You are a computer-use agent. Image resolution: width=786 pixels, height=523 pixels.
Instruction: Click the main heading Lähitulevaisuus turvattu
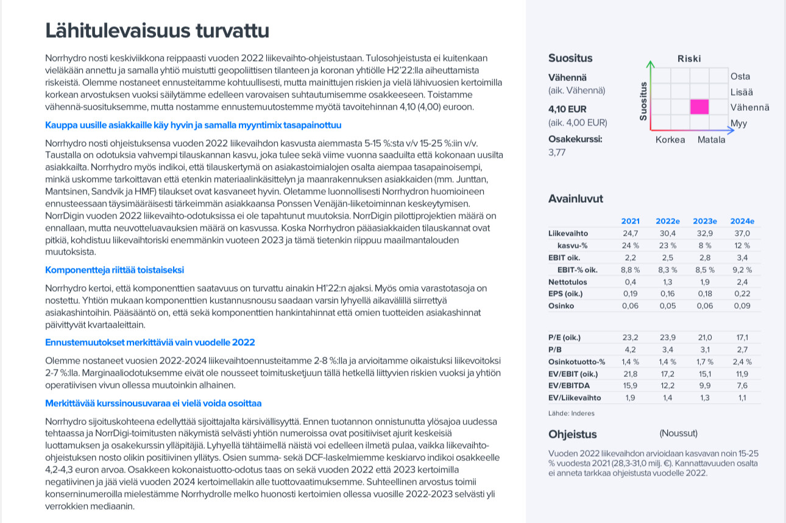click(x=157, y=30)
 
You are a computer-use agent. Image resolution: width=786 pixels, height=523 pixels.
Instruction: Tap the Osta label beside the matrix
click(x=740, y=76)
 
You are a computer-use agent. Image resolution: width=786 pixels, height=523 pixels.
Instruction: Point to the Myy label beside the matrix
click(x=738, y=123)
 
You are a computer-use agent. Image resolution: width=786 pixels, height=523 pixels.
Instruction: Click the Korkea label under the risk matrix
click(x=670, y=139)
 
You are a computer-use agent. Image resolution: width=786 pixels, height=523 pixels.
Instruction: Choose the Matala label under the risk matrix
click(x=711, y=139)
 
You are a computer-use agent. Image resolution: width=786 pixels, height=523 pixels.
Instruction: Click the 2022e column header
click(x=668, y=221)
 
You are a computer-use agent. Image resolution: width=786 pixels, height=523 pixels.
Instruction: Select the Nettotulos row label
click(x=568, y=282)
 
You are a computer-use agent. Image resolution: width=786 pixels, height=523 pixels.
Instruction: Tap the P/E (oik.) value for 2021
click(x=630, y=337)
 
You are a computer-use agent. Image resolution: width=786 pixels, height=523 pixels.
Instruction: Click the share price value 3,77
click(x=558, y=153)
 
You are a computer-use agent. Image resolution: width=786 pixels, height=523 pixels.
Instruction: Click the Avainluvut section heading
click(x=576, y=198)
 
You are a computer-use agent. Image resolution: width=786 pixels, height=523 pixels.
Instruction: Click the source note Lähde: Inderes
click(x=572, y=413)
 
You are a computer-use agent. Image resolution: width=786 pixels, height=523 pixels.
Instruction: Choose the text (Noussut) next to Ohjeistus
click(x=678, y=433)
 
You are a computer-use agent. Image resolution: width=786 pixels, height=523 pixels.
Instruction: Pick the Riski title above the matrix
click(x=689, y=58)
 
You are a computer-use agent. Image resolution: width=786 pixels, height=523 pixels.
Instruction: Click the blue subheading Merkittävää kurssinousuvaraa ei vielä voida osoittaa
click(x=154, y=403)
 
